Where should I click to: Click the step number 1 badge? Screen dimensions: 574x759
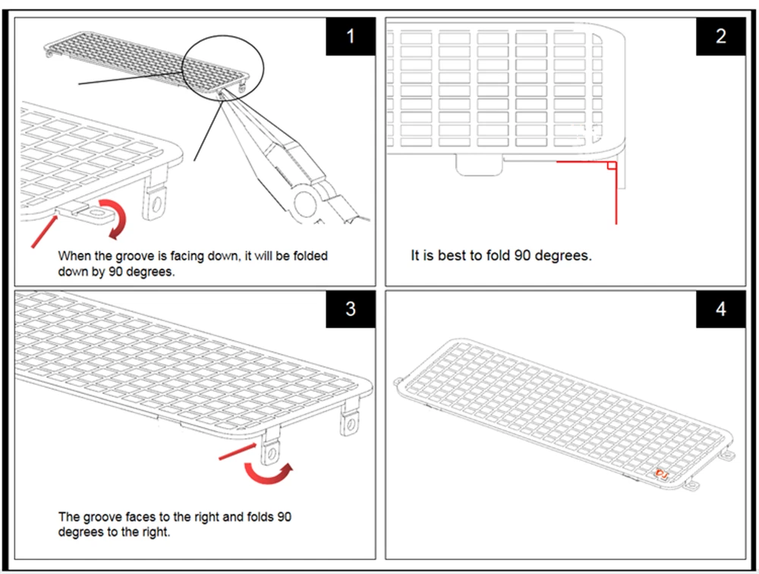click(350, 36)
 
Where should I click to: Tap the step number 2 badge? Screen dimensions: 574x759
click(720, 36)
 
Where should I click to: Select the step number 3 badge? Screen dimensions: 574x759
click(350, 308)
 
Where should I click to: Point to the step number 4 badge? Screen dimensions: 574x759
click(720, 308)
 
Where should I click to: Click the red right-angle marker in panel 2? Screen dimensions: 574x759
click(609, 166)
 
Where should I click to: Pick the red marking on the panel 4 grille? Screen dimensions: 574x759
click(660, 474)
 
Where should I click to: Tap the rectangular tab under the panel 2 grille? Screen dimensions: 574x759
click(477, 163)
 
